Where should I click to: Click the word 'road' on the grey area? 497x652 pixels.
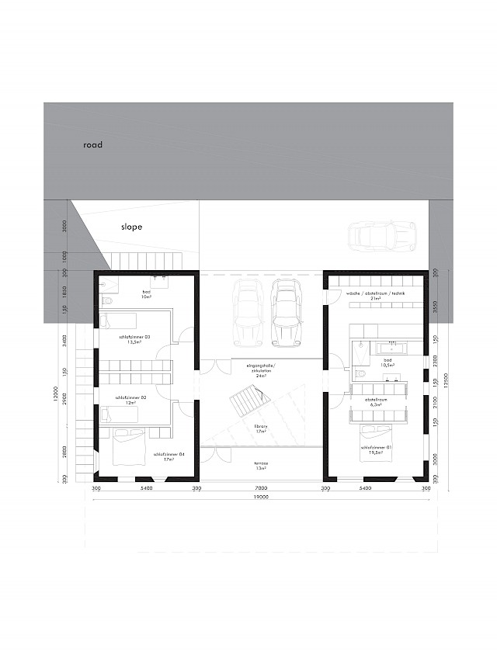[92, 144]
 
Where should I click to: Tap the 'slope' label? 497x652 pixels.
[131, 227]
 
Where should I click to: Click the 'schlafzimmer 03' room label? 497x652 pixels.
[134, 338]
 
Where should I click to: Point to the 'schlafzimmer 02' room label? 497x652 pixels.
[126, 399]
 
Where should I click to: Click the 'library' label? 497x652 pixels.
[260, 428]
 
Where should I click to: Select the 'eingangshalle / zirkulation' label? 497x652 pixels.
[261, 368]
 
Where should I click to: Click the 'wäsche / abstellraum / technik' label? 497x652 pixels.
[376, 294]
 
